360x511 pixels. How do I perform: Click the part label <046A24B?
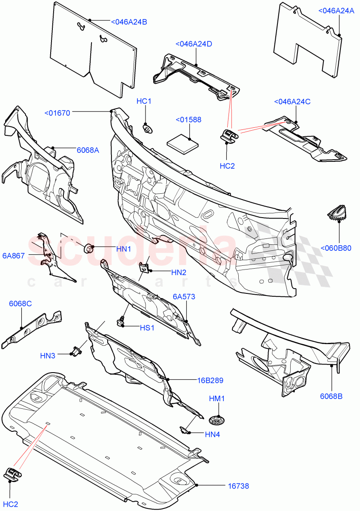tap(129, 22)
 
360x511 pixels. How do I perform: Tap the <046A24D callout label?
tap(194, 44)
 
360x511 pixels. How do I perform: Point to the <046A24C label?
tap(292, 102)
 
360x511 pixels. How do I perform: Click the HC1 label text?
tap(144, 101)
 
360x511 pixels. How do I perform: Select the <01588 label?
tap(188, 120)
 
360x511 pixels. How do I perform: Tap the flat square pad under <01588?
tap(183, 142)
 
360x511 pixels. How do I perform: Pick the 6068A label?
tap(88, 150)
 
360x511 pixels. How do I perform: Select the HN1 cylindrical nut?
tap(89, 247)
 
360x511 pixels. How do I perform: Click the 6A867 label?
tap(14, 255)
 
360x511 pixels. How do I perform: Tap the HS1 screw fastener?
tap(121, 322)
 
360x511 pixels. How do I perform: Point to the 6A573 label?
tap(184, 296)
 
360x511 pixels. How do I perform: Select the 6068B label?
tap(331, 396)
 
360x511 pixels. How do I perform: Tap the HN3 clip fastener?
tap(77, 352)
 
